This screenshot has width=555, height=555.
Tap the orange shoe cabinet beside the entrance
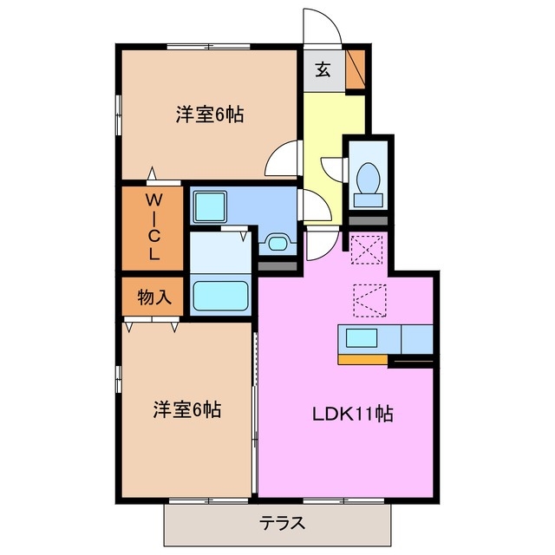(x=356, y=70)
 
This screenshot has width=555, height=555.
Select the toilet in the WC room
(x=368, y=179)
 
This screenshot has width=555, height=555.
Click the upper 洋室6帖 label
(x=208, y=114)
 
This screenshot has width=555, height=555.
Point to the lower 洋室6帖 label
(x=188, y=409)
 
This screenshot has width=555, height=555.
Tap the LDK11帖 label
(x=353, y=415)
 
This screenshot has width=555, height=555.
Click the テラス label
(x=278, y=524)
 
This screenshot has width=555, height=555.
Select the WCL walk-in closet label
(x=153, y=227)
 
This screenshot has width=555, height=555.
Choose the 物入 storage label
(x=153, y=297)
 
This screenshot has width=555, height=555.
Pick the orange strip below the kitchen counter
(x=362, y=357)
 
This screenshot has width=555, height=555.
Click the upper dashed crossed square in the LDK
(x=367, y=250)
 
